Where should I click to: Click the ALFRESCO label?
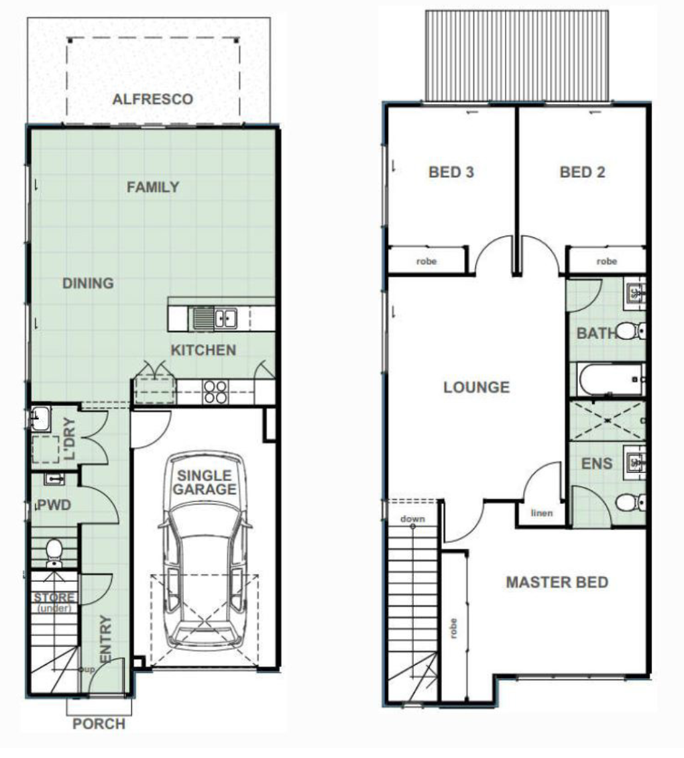[153, 99]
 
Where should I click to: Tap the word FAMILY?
[153, 186]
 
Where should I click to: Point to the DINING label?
[88, 283]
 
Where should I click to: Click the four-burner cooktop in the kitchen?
[215, 392]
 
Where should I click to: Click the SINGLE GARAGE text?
[205, 482]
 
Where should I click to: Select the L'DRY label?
[70, 439]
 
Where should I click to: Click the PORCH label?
[99, 724]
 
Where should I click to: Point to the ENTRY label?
[105, 639]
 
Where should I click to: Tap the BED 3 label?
[451, 172]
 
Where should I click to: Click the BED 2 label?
[582, 172]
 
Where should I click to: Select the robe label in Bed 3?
[426, 262]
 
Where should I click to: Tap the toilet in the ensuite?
[630, 502]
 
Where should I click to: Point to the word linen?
[541, 513]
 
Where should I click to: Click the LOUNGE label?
[477, 387]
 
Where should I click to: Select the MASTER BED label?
[557, 582]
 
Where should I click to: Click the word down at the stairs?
[413, 519]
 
